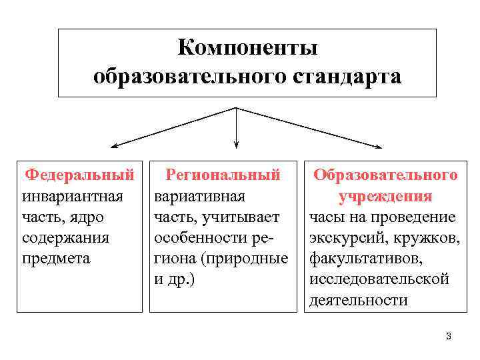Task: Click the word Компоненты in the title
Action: click(x=247, y=49)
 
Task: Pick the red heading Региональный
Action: click(x=222, y=175)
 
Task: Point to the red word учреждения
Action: click(x=385, y=197)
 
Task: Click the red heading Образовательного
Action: click(x=385, y=175)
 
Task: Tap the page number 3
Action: click(x=449, y=336)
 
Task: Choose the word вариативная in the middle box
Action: click(x=199, y=197)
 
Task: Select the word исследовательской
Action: click(x=379, y=279)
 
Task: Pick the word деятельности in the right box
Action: click(x=358, y=299)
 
